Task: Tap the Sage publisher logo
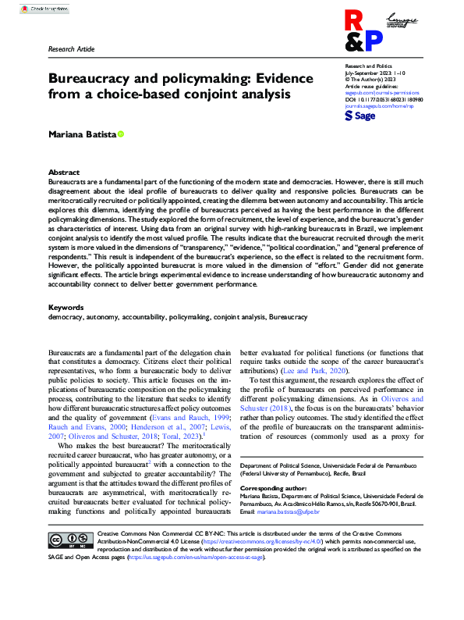coord(360,115)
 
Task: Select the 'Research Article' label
coord(71,49)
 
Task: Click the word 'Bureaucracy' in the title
coord(90,79)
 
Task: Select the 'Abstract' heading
coord(63,172)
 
